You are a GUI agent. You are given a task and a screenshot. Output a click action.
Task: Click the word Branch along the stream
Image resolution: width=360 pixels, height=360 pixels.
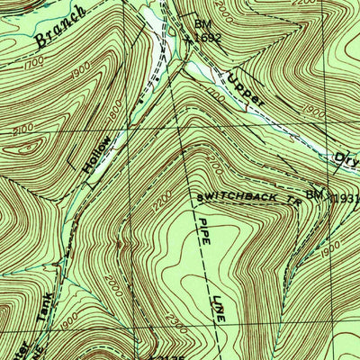coord(58,26)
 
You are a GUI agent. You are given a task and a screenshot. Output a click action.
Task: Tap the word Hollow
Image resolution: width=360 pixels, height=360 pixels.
coord(98,155)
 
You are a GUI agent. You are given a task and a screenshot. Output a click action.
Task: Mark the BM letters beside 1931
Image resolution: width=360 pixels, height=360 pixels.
coord(314,193)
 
